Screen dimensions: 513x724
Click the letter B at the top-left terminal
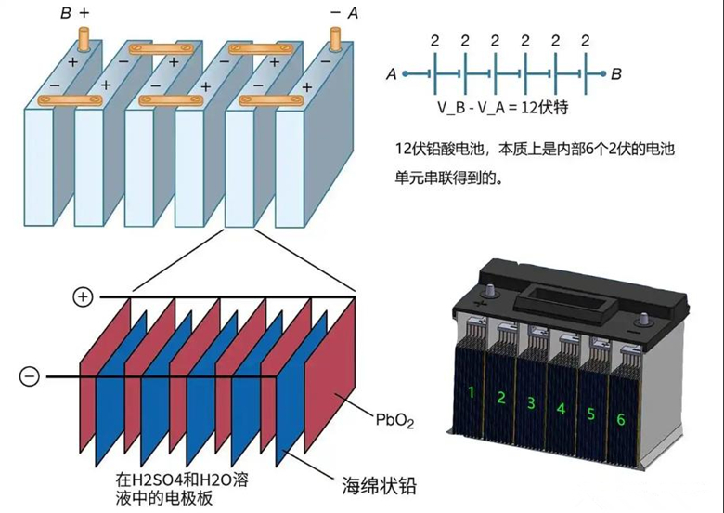tap(66, 15)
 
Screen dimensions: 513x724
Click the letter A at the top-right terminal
tap(353, 15)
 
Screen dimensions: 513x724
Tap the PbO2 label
tap(394, 421)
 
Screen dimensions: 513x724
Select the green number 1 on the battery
tap(472, 392)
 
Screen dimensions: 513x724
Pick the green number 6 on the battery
tap(620, 419)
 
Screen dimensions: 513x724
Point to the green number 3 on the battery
tap(531, 402)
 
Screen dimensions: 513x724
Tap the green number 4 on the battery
tap(561, 408)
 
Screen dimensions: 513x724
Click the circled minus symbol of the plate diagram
tap(31, 376)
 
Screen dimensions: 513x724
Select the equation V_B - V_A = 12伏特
tap(503, 108)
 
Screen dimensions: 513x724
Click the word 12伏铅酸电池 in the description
tap(445, 149)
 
